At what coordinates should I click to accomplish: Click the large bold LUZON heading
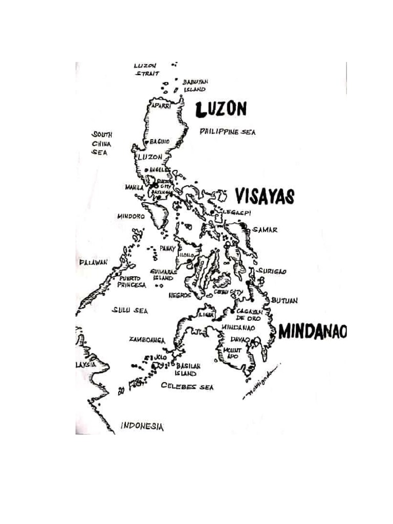pos(221,108)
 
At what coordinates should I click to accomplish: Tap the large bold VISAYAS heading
pos(265,196)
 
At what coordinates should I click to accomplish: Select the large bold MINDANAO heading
pos(313,332)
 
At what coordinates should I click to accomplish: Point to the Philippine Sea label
pos(227,132)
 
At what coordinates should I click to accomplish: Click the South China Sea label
pos(101,143)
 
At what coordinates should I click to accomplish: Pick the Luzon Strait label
pos(146,70)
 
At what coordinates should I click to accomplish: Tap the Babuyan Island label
pos(195,85)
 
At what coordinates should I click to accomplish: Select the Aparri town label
pos(160,105)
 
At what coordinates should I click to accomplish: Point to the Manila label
pos(134,187)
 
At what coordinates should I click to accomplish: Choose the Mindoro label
pos(130,216)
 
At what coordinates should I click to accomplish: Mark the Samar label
pos(266,230)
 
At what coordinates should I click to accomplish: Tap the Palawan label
pos(93,263)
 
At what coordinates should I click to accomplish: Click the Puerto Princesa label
pos(132,281)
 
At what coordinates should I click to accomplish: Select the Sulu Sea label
pos(130,311)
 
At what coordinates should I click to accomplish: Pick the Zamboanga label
pos(147,339)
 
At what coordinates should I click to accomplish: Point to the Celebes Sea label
pos(187,387)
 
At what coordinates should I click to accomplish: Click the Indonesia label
pos(142,426)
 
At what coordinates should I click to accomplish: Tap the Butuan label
pos(284,300)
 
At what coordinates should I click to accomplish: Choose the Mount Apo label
pos(233,353)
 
